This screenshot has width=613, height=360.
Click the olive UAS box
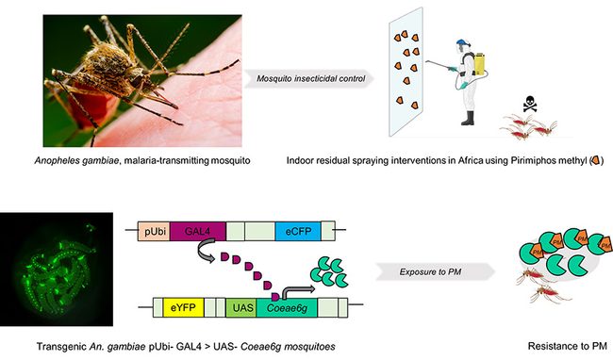click(241, 307)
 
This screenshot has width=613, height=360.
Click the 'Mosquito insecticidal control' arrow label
click(300, 76)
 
